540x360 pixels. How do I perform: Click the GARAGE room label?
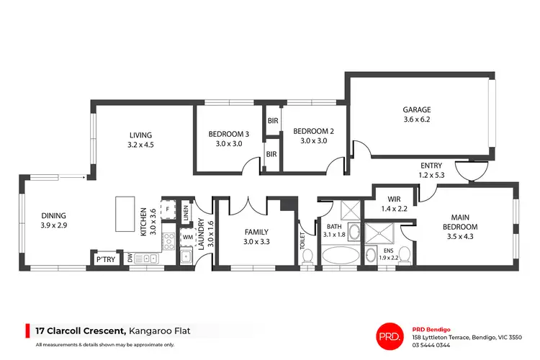(x=416, y=110)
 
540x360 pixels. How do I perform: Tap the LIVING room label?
(x=141, y=134)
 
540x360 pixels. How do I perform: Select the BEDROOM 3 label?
(x=229, y=134)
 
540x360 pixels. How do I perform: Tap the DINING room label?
(x=53, y=215)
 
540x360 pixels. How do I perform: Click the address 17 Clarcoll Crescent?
(x=79, y=330)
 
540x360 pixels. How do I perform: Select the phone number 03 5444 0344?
(x=432, y=345)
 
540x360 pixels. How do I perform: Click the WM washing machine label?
(x=186, y=236)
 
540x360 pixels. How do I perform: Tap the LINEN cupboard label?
(x=186, y=212)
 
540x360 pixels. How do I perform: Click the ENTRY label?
(x=431, y=166)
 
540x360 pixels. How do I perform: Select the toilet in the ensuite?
(x=404, y=254)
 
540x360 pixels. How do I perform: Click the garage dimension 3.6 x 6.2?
(x=416, y=120)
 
